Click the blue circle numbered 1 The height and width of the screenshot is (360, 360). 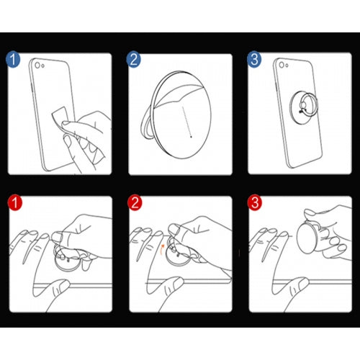(13, 60)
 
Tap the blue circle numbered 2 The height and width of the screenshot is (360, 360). (134, 60)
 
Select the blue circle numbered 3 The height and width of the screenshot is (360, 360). (254, 60)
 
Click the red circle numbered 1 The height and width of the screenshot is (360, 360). (15, 202)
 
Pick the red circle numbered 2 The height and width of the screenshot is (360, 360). (135, 202)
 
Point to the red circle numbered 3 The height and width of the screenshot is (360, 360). (255, 202)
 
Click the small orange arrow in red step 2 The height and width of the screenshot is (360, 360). (162, 249)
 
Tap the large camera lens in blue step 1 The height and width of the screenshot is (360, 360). (37, 65)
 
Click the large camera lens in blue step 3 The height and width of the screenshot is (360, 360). (282, 65)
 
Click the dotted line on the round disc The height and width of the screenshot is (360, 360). (186, 122)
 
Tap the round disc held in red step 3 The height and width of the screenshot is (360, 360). (308, 238)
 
